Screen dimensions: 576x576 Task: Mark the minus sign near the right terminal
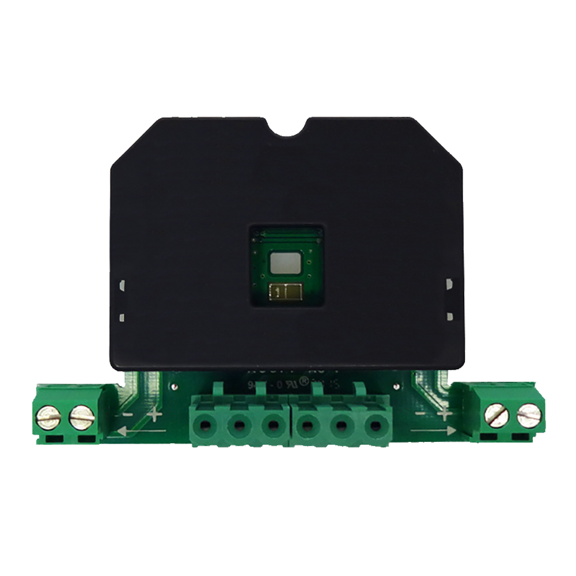tap(422, 412)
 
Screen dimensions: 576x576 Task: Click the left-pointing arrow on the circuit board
tap(138, 430)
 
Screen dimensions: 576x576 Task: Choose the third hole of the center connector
tap(272, 427)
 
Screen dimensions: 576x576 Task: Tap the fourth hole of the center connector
tap(308, 427)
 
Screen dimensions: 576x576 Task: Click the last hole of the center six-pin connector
tap(376, 427)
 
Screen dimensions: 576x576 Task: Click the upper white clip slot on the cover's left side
tap(122, 284)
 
